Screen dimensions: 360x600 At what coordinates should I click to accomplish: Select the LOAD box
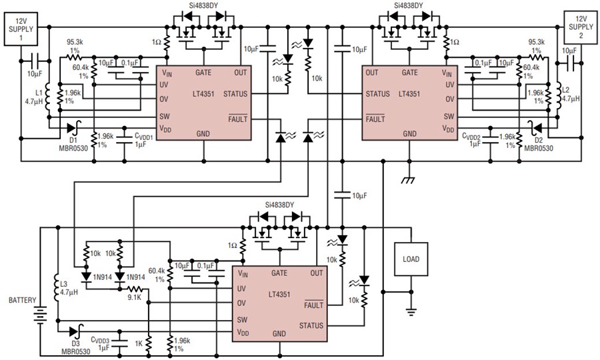(411, 259)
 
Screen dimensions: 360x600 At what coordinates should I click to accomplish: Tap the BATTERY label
(22, 301)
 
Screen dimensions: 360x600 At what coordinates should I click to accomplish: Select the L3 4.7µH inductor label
(63, 287)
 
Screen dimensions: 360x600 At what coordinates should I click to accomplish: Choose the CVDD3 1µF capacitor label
(103, 343)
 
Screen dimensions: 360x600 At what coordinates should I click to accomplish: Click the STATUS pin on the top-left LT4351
(235, 94)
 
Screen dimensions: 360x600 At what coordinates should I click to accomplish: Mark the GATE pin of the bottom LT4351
(279, 273)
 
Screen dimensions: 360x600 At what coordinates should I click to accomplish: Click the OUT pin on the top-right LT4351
(372, 73)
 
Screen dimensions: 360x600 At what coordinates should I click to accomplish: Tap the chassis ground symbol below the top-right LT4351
(407, 179)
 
